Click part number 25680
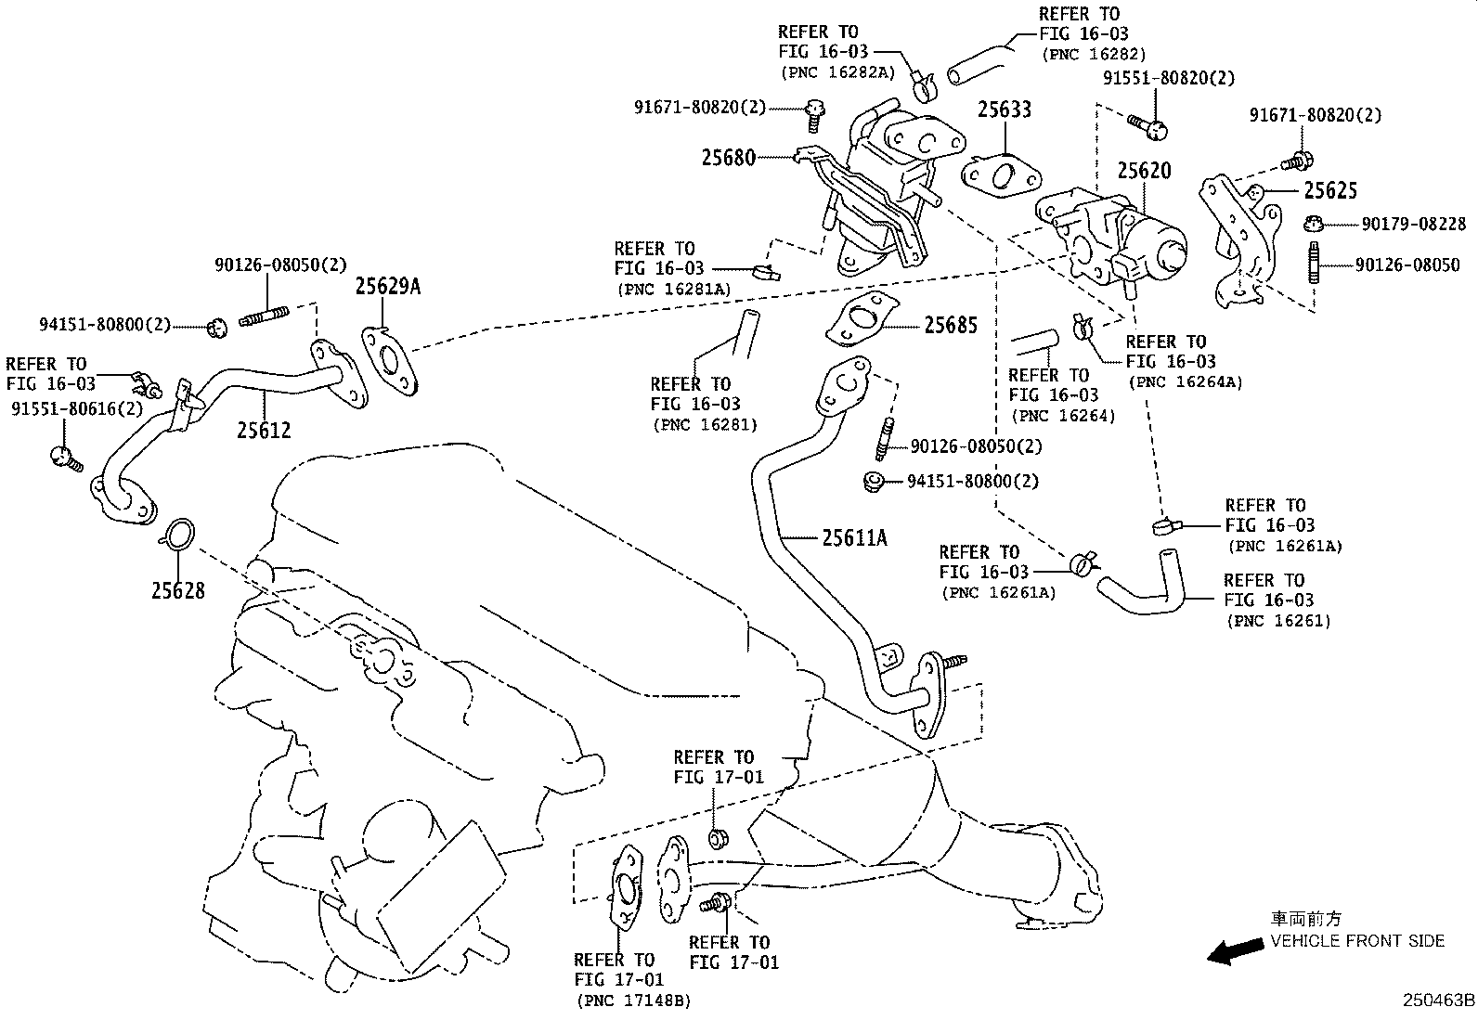click(728, 158)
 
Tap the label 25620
click(1144, 171)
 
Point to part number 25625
click(1330, 190)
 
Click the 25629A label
click(387, 287)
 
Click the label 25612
click(263, 430)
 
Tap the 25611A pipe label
click(854, 536)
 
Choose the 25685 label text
click(950, 326)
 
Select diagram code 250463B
click(1438, 1001)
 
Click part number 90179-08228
click(1414, 224)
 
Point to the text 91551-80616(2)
click(77, 408)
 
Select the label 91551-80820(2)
click(1169, 78)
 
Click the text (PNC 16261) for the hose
click(1277, 621)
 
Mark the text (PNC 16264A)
click(1184, 381)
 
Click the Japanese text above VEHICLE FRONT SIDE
click(1305, 920)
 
